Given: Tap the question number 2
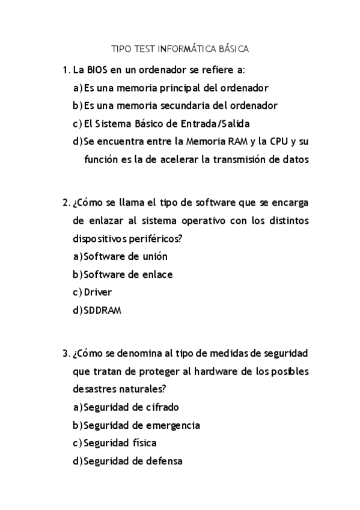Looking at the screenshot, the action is (66, 202).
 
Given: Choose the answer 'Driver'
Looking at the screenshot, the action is (98, 292).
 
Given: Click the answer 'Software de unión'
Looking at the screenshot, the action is (125, 256).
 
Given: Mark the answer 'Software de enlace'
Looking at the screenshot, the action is (128, 274).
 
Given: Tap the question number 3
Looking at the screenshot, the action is (66, 352).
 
